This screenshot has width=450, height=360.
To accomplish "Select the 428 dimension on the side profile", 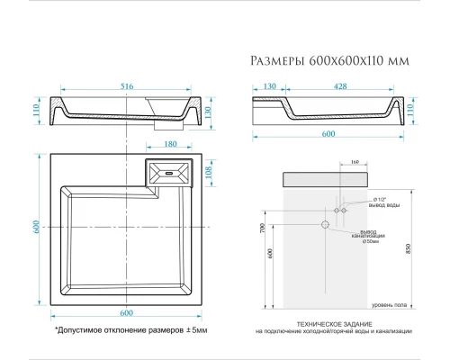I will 338,85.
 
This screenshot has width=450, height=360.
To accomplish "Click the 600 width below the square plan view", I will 126,312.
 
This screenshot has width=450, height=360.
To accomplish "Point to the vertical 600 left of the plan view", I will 36,228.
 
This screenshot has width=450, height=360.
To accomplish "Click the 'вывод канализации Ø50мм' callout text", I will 369,236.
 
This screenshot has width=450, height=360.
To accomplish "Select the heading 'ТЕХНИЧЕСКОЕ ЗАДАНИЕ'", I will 328,323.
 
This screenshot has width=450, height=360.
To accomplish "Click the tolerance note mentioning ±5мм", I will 130,330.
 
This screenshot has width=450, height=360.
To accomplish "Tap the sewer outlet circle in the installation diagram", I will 325,223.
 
